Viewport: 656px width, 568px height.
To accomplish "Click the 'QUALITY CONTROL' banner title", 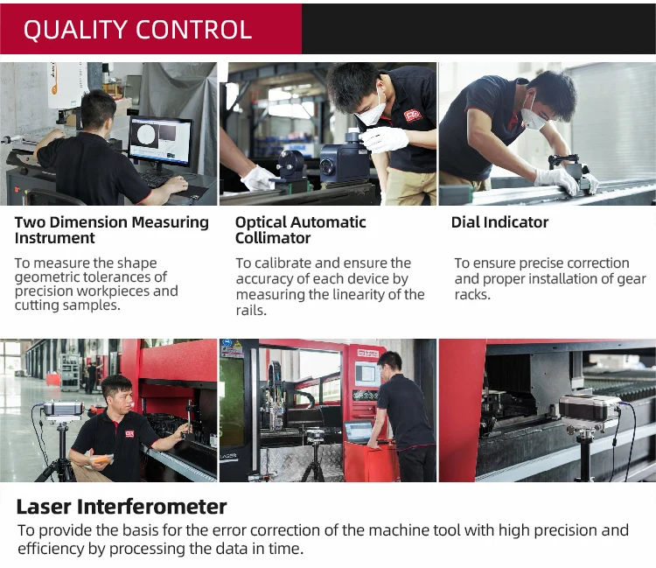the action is tap(137, 29).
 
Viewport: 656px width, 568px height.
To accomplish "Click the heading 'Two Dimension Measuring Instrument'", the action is tap(111, 230).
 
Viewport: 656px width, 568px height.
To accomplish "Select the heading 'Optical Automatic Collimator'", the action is tap(300, 230).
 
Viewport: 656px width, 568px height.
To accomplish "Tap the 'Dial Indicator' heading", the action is tap(499, 222).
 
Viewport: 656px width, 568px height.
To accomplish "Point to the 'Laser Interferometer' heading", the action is tap(122, 507).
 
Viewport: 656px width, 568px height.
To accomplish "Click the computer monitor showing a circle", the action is tap(161, 142).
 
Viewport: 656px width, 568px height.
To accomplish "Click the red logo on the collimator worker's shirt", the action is tap(413, 115).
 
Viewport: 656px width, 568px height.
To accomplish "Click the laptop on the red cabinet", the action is tap(359, 432).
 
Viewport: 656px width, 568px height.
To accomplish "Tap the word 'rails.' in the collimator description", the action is tap(251, 311).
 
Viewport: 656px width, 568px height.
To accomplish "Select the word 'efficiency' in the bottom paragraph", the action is tap(51, 549).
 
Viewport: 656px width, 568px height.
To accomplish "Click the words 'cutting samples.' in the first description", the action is tap(67, 305).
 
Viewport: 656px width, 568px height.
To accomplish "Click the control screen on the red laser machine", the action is tap(366, 372).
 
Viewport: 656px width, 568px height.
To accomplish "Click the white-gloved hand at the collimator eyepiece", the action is tap(384, 139).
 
